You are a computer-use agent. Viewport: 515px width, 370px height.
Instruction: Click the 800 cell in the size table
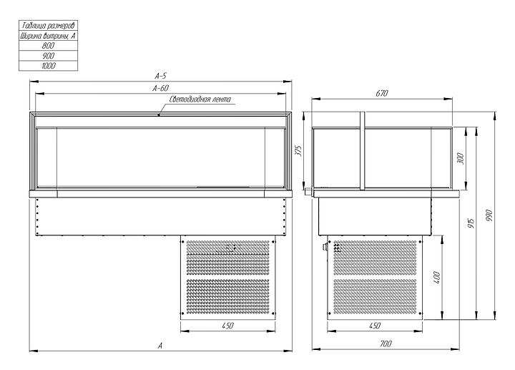click(49, 45)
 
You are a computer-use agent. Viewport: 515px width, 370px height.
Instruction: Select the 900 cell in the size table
click(49, 56)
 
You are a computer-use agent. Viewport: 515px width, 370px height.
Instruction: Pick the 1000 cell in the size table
click(49, 66)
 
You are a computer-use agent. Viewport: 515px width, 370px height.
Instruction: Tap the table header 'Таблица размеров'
click(49, 25)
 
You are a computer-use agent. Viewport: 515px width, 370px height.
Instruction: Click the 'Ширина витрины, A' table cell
click(49, 36)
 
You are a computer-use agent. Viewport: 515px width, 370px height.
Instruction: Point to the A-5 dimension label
click(161, 76)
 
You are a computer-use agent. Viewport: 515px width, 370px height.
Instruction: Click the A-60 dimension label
click(161, 88)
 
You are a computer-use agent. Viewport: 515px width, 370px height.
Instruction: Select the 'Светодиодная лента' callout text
click(200, 99)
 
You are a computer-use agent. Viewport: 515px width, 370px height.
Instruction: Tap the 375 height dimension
click(298, 150)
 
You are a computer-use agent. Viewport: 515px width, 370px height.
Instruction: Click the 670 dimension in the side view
click(382, 93)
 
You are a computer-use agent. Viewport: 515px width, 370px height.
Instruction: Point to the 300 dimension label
click(461, 158)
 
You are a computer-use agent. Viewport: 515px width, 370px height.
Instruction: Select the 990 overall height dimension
click(489, 215)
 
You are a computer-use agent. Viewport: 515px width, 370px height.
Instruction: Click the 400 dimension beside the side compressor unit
click(437, 278)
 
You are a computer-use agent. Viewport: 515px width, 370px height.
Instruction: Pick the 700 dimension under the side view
click(386, 344)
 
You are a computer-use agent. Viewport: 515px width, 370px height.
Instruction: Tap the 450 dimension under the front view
click(227, 326)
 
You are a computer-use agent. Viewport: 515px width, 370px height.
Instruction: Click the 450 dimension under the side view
click(375, 326)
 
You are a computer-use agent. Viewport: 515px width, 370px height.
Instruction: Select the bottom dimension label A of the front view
click(160, 346)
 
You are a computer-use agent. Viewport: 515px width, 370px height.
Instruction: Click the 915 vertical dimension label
click(471, 223)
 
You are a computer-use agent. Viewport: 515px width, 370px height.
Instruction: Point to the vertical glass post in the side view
click(362, 151)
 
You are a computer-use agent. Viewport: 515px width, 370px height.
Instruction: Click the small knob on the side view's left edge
click(309, 191)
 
